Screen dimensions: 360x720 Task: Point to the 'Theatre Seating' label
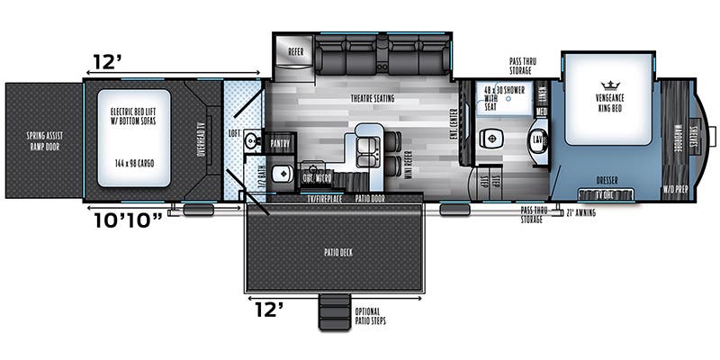[371, 98]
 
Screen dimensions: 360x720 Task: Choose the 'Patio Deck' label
[333, 252]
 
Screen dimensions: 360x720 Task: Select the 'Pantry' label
[279, 141]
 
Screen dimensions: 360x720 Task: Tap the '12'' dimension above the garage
[107, 63]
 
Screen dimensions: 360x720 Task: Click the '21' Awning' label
[580, 212]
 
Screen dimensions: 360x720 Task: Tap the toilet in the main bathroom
[490, 138]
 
